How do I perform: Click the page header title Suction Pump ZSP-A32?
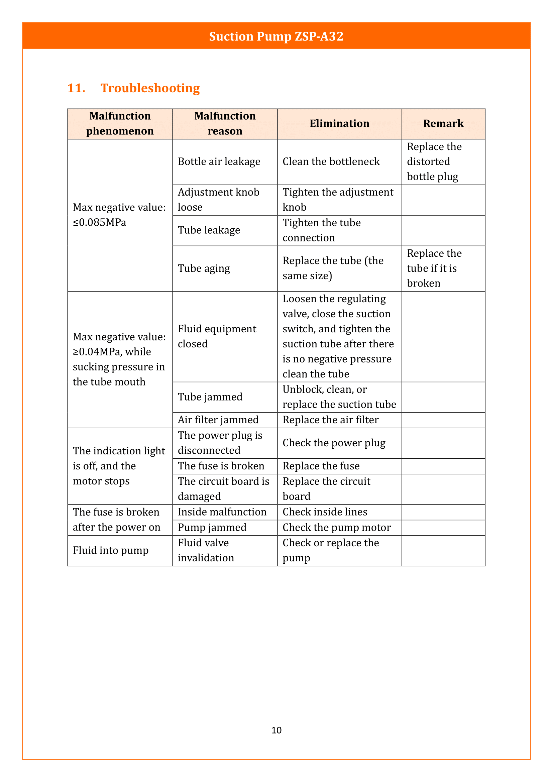point(276,36)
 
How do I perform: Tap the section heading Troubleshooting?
point(150,88)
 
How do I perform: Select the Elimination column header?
point(339,124)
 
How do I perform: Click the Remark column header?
point(443,124)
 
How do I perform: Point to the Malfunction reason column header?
point(225,123)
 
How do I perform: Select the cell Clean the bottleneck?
point(331,162)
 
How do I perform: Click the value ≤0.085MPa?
point(99,223)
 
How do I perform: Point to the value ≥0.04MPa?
point(97,352)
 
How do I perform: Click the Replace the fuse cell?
point(321,466)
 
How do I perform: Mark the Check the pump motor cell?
point(336,528)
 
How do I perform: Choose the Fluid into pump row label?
point(111,550)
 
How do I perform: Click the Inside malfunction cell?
point(222,512)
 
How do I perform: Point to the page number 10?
point(276,730)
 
